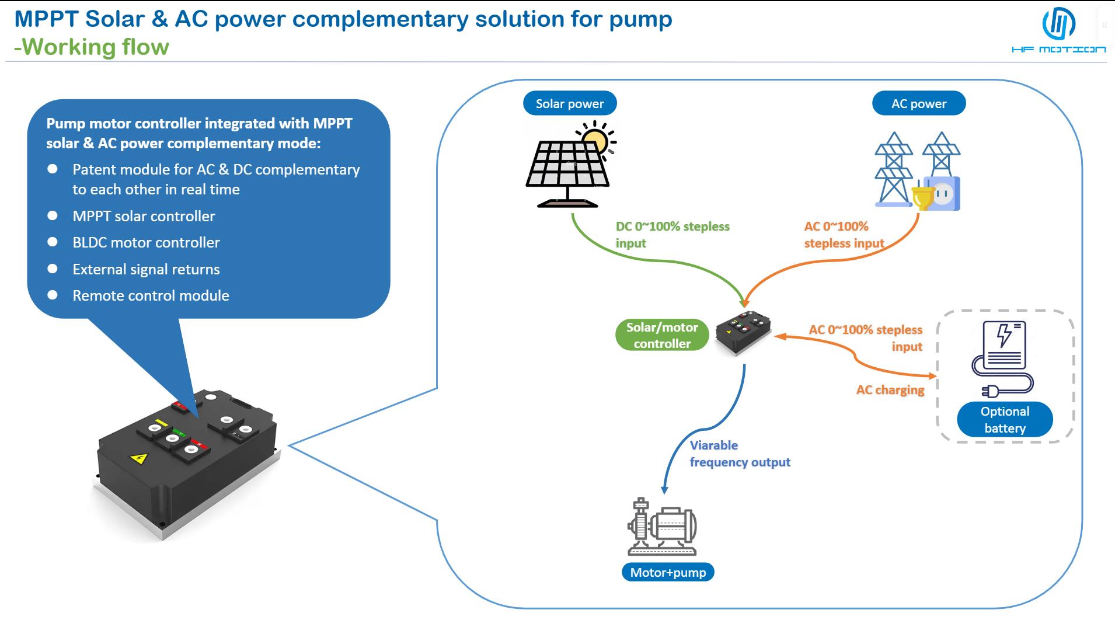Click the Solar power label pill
pos(570,103)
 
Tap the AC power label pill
pos(918,103)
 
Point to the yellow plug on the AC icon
pos(922,197)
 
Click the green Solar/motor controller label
pos(662,335)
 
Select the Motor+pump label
pos(668,572)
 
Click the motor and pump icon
pos(662,527)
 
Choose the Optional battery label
pos(1005,419)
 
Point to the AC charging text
pos(890,390)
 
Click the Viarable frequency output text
pos(740,454)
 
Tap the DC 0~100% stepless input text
pos(673,235)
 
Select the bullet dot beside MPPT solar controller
pos(53,215)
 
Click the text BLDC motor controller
pos(146,242)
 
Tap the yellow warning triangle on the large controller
pos(138,458)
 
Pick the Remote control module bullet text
pos(151,295)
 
